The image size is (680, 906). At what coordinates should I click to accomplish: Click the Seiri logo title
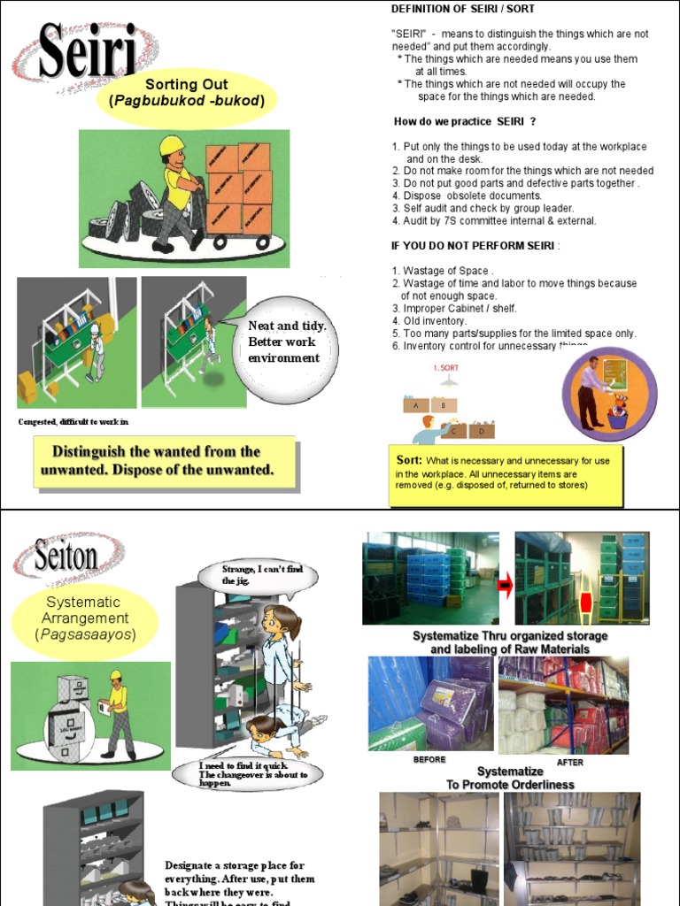coord(86,54)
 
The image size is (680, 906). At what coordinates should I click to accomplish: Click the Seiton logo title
coord(66,557)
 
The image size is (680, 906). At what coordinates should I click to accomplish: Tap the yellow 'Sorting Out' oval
coord(187,93)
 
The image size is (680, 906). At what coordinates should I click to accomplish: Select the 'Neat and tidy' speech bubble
coord(285,342)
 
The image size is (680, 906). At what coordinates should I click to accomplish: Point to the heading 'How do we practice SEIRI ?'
coord(465,121)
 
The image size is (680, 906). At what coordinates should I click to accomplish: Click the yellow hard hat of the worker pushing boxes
coord(170,144)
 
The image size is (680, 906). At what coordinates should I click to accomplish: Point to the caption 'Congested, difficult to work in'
coord(73,422)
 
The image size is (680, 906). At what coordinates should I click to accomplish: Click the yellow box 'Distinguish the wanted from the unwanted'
coord(164,461)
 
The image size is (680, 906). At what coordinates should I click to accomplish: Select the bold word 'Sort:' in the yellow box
coord(409,460)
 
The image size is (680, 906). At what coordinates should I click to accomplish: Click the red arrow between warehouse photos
coord(507,585)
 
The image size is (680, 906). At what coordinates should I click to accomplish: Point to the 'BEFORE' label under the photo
coord(429,759)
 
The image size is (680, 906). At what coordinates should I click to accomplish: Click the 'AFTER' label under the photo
coord(569,762)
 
